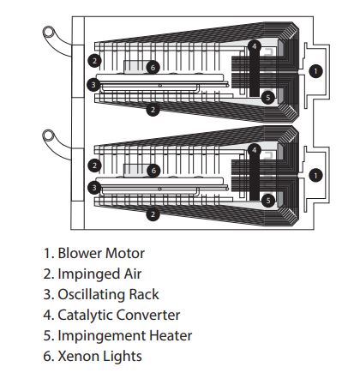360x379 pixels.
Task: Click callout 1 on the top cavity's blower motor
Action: pos(315,71)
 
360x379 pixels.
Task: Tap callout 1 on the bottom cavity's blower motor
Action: pos(315,175)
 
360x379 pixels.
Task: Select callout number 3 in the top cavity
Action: pos(93,85)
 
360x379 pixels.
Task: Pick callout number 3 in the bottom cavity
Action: pos(94,188)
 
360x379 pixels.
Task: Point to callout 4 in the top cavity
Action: pos(255,46)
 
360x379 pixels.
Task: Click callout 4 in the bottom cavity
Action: pos(255,150)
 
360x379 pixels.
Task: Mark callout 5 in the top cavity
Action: pos(268,98)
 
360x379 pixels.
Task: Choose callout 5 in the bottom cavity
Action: pos(268,201)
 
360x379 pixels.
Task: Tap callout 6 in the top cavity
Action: pos(153,68)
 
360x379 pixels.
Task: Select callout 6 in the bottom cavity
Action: pos(153,171)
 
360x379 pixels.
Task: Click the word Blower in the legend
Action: pos(80,253)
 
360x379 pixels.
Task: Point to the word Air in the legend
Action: pos(132,274)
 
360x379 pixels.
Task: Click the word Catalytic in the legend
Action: pos(86,316)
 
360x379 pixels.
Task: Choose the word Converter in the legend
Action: pos(148,315)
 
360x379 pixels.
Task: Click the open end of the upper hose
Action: pos(49,32)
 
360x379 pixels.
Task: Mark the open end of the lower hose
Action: pos(49,135)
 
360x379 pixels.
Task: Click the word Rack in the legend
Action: pos(144,294)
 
